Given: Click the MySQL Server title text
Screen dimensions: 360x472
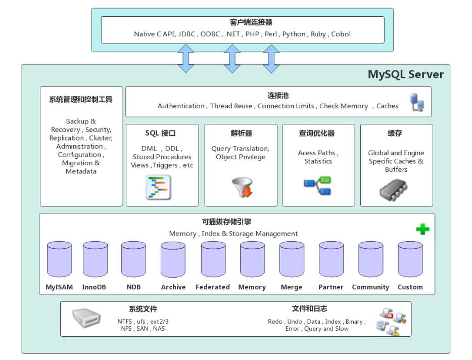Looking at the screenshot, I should tap(405, 75).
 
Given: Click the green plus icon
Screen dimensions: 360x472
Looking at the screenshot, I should tap(422, 229).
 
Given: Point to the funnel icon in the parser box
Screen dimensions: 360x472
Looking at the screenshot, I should tap(241, 187).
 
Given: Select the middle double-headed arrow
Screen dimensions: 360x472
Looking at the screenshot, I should tap(232, 58).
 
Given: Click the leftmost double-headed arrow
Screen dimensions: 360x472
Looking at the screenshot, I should tap(185, 58).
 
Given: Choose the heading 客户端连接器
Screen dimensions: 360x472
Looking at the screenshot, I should tap(244, 23).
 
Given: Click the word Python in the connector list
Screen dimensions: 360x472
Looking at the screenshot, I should tap(294, 34).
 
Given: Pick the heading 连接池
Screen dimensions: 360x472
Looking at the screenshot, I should tap(278, 96).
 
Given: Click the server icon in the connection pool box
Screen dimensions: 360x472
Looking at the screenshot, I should tap(417, 102).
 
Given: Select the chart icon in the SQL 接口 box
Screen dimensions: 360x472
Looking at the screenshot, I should tap(159, 188).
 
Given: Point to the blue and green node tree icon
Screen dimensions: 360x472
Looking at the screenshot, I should tap(317, 185).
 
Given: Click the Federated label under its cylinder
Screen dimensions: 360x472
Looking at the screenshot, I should tap(213, 287).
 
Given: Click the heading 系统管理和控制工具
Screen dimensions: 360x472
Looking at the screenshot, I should tap(81, 100).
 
